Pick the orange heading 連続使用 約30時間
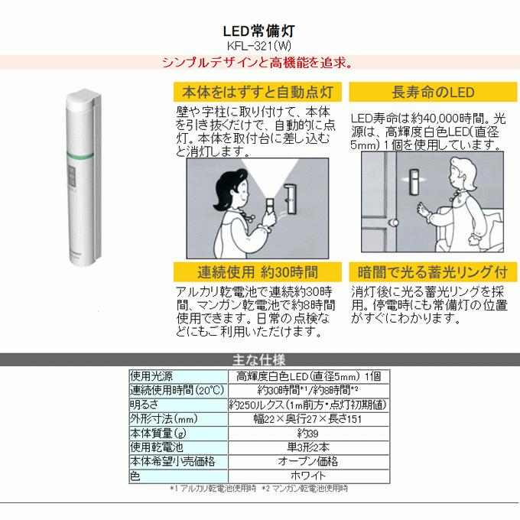tap(258, 271)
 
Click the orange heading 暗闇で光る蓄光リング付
tap(433, 271)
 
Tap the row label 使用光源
tap(151, 375)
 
